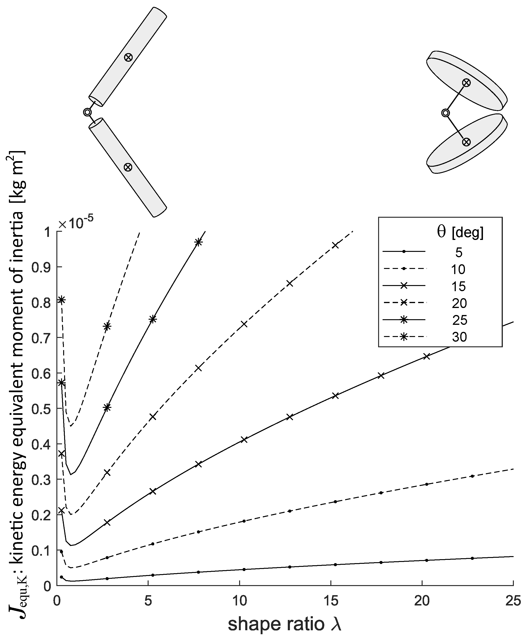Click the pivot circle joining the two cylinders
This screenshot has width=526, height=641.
87,112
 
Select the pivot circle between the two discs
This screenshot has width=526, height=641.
446,113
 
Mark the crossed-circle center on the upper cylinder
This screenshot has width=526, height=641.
128,57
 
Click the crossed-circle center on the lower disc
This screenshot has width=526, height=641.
466,142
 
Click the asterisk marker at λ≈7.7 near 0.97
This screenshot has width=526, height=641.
198,242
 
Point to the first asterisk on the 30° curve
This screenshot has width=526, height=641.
62,300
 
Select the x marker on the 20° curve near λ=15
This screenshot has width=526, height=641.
335,245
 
